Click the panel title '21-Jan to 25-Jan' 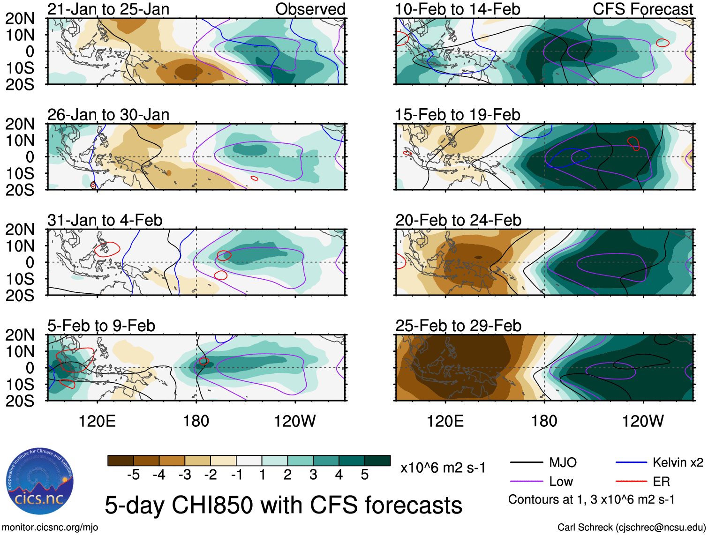tap(108, 9)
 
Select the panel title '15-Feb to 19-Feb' tap(457, 115)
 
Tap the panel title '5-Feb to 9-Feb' tap(101, 326)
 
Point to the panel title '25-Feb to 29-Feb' tap(458, 326)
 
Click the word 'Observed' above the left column tap(310, 9)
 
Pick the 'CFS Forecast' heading tap(642, 9)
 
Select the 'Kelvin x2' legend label tap(678, 463)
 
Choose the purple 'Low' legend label tap(561, 482)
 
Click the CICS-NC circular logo tap(40, 482)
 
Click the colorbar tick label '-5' tap(133, 475)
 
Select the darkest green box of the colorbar tap(377, 461)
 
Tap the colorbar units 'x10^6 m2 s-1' tap(443, 468)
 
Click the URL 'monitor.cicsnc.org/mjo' tap(50, 528)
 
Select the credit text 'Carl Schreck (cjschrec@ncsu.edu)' tap(631, 528)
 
